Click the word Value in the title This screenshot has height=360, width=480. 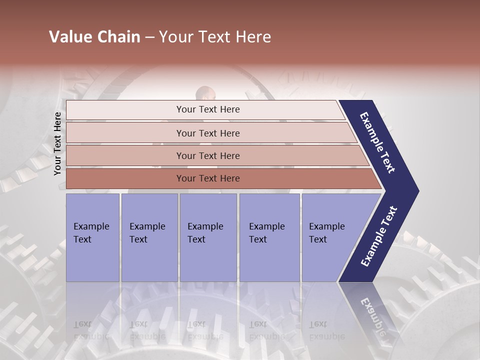[x=68, y=37]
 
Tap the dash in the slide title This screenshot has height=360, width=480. [x=149, y=37]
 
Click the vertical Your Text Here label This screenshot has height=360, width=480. [x=57, y=144]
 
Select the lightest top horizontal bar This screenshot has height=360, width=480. [x=207, y=109]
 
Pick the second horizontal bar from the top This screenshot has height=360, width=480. [x=207, y=133]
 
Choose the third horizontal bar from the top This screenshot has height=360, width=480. [x=207, y=155]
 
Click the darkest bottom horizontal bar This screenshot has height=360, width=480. [x=207, y=178]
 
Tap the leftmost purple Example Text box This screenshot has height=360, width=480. [x=92, y=237]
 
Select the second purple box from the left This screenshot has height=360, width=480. [x=149, y=237]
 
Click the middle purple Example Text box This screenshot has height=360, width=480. [x=208, y=237]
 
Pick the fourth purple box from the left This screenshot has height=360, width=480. [x=269, y=237]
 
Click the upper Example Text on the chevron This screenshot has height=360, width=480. [x=377, y=142]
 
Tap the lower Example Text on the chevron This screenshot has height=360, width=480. [x=378, y=236]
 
